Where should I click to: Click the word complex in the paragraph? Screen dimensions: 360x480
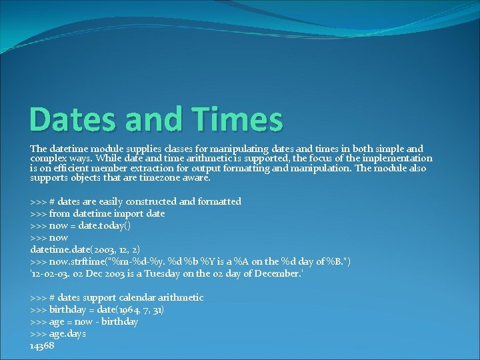[48, 158]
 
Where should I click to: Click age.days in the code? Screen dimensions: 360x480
[67, 333]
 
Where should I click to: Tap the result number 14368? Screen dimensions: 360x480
[42, 345]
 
